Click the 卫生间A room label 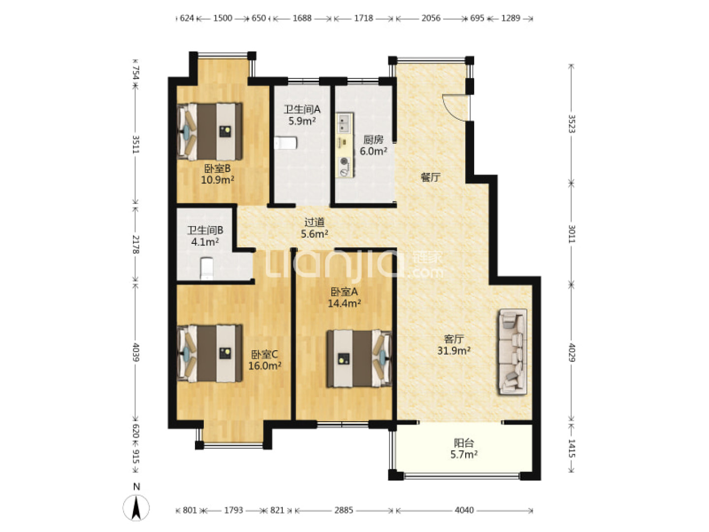302,109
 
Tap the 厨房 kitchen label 373,139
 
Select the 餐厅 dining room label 430,177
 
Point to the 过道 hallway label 314,222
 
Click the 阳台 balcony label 464,442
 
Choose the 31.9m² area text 454,350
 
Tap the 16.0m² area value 264,366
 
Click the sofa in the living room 513,352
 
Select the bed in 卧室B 210,132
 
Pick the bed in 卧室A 359,359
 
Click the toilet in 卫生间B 206,268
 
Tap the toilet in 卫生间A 286,143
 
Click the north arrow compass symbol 136,507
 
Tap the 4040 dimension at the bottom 464,510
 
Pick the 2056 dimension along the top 431,18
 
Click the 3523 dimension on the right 571,124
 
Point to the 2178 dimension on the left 136,244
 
